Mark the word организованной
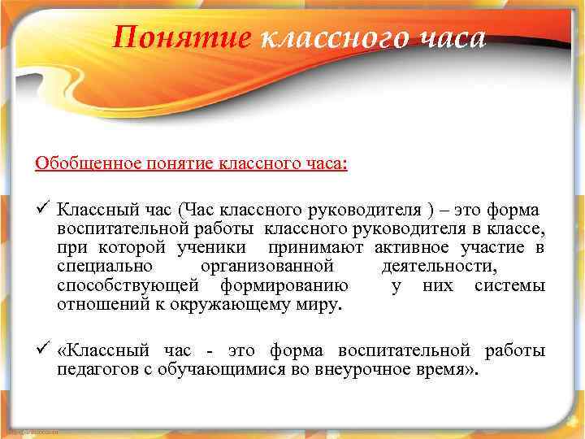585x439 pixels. [266, 267]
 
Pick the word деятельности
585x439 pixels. [439, 267]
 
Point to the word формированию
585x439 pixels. [285, 287]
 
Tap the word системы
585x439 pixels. [512, 287]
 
